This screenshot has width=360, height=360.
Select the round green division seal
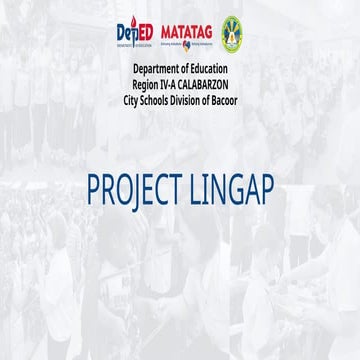(231, 34)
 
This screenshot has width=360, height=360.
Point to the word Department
(160, 68)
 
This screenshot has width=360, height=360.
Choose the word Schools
(159, 101)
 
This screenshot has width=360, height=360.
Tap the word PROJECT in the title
(134, 190)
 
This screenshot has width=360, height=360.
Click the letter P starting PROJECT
(94, 190)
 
